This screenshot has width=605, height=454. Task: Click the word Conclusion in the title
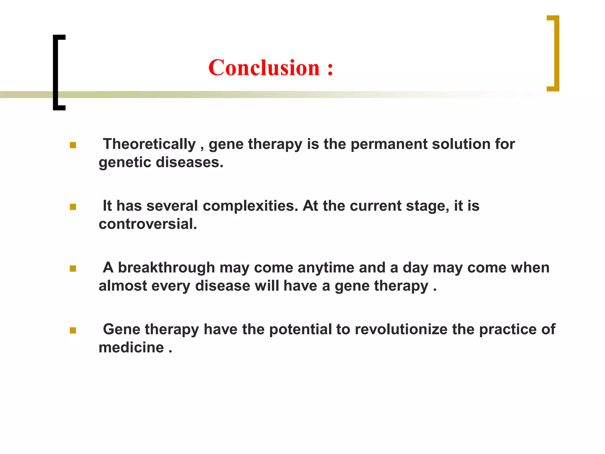tap(264, 68)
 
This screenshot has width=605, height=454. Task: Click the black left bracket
tap(56, 72)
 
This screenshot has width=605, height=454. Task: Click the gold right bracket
tap(557, 53)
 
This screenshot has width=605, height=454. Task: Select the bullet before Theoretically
tap(73, 145)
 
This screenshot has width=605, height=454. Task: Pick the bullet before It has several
tap(73, 207)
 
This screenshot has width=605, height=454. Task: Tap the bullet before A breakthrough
tap(73, 269)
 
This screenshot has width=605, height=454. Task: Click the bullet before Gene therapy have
tap(73, 330)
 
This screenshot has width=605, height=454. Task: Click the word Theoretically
tap(149, 145)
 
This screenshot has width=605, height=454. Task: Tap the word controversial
tap(148, 224)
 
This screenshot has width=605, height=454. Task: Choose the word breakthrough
tap(166, 268)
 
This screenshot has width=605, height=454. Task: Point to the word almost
tap(123, 286)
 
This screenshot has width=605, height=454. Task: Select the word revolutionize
tap(401, 330)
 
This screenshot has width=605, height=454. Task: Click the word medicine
tap(131, 348)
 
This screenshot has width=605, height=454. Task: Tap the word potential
tap(300, 330)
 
